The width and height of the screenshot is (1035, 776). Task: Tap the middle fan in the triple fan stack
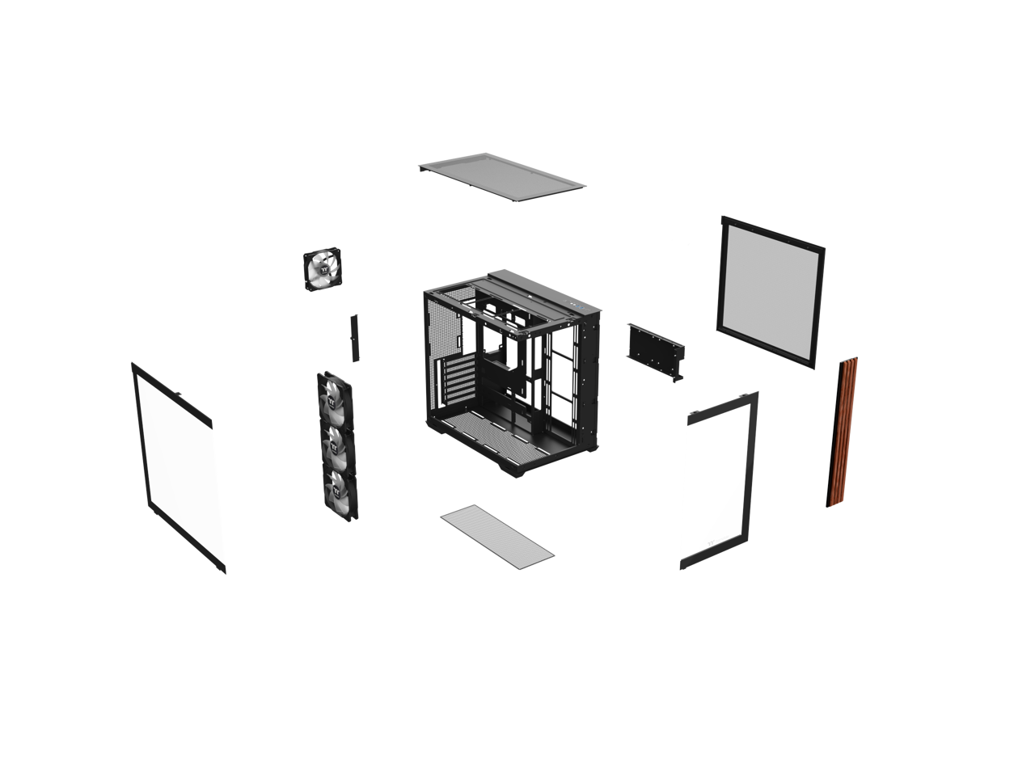[x=336, y=445]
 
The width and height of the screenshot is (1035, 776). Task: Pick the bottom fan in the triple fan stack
[x=340, y=491]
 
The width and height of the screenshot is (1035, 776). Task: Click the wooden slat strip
[x=842, y=432]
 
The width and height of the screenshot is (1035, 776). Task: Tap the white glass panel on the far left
[x=179, y=468]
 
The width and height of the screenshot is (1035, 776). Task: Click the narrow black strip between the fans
[x=353, y=337]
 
